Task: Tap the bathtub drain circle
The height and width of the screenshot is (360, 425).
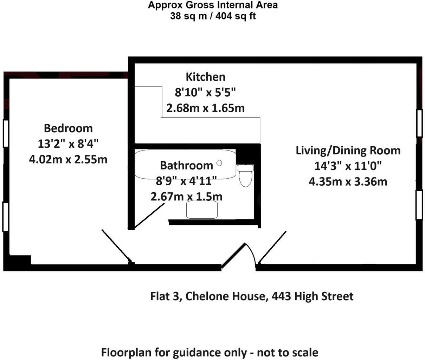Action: (219, 163)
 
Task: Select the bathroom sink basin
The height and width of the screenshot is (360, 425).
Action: (202, 210)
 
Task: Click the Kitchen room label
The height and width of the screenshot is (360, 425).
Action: (205, 77)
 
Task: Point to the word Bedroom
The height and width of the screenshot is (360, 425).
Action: (68, 128)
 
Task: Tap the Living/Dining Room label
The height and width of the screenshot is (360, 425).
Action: (348, 150)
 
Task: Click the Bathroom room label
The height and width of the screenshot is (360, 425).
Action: (186, 165)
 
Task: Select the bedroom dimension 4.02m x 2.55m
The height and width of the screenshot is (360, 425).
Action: (68, 159)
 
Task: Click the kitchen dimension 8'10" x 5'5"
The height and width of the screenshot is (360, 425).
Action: (205, 92)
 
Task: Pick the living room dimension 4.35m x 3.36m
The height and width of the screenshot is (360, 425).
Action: (348, 181)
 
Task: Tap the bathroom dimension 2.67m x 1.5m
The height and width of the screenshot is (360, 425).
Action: (186, 196)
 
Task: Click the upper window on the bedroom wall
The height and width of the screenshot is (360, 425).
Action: (6, 133)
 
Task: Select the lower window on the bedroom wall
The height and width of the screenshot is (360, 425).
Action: (6, 217)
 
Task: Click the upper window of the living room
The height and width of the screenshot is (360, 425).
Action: (419, 123)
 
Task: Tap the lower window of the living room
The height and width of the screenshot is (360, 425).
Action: (419, 205)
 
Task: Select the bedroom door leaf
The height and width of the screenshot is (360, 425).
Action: (116, 246)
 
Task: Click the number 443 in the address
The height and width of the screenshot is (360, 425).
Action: (281, 296)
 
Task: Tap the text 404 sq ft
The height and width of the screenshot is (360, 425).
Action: (238, 16)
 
